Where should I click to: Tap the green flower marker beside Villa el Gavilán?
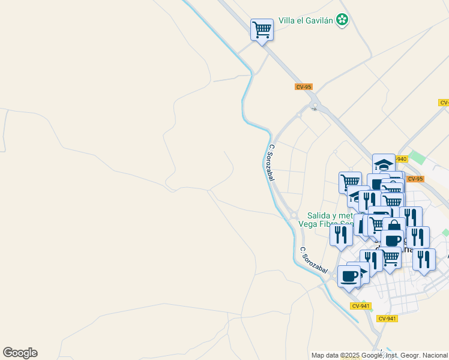click(342, 20)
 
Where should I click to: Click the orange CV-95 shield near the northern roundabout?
click(304, 87)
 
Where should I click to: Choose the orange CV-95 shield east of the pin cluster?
click(414, 179)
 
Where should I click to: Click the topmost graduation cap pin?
click(384, 164)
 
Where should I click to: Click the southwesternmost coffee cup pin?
click(349, 277)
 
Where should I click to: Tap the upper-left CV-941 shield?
click(361, 306)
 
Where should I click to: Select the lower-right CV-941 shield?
click(387, 318)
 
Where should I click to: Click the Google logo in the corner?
click(20, 353)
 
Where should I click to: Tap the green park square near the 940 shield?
click(418, 158)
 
